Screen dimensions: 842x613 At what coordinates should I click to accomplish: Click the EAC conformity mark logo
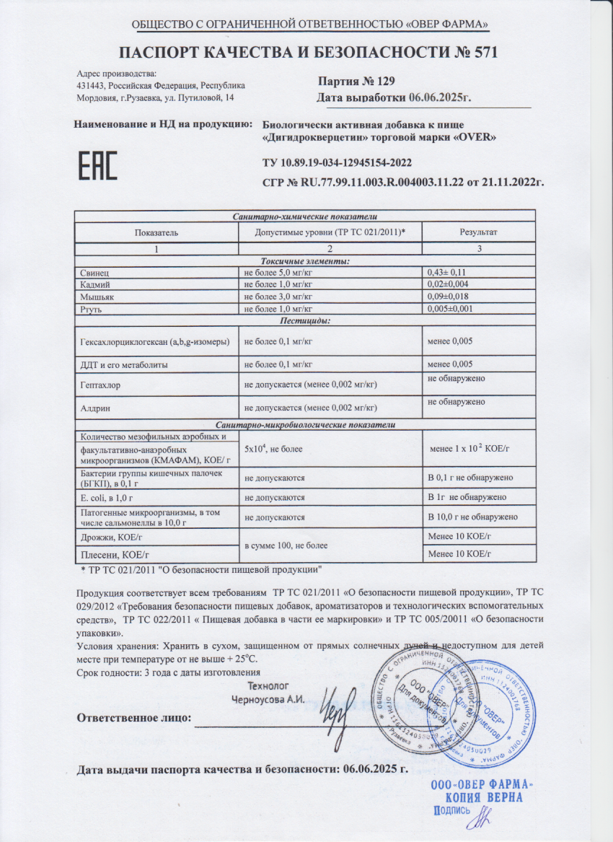(97, 166)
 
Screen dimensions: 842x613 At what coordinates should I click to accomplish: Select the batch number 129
(382, 82)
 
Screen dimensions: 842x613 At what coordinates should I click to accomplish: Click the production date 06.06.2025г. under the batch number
(440, 98)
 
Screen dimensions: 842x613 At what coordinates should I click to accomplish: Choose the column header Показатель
(156, 232)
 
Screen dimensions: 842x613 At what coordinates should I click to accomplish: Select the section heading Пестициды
(304, 319)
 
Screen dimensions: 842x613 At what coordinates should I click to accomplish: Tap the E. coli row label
(104, 498)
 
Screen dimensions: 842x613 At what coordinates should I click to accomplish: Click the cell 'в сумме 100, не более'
(286, 545)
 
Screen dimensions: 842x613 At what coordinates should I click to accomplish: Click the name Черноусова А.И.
(268, 698)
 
